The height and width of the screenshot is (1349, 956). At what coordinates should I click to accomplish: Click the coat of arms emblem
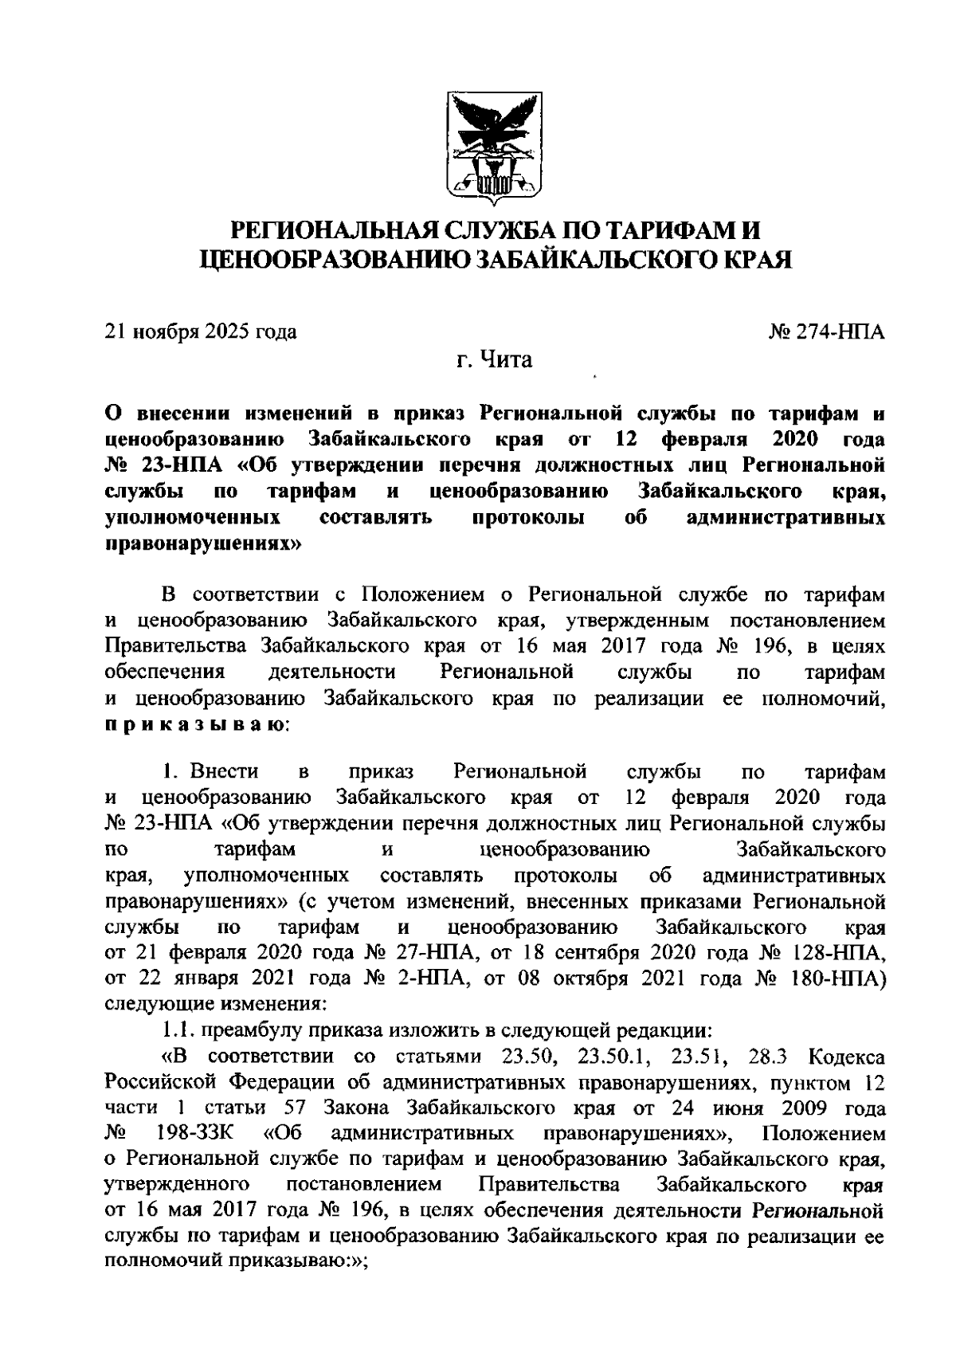494,149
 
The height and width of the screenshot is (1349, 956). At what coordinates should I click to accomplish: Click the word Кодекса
846,1057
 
